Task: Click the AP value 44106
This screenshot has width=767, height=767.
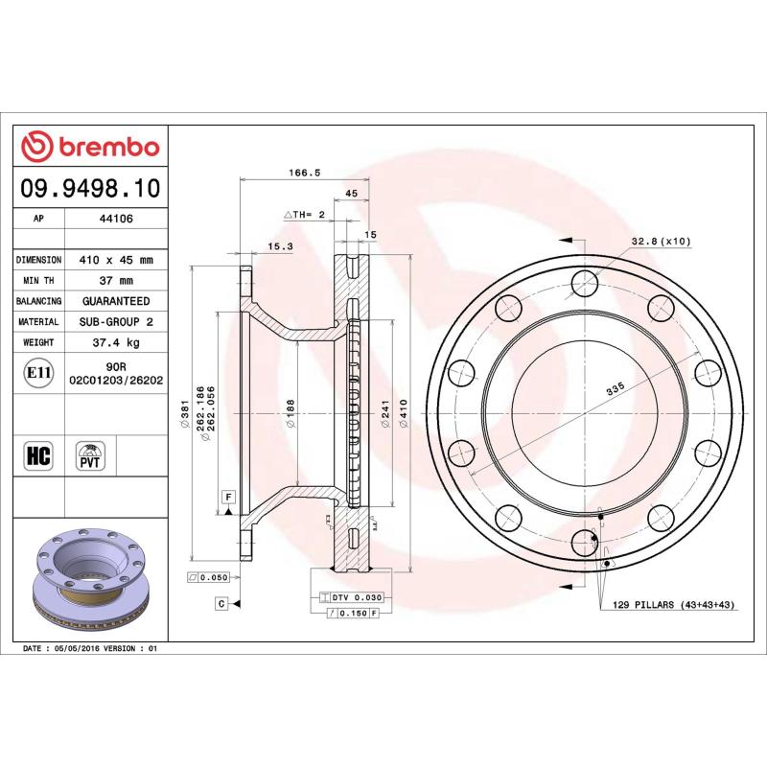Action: (x=116, y=219)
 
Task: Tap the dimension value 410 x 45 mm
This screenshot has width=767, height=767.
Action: (x=116, y=260)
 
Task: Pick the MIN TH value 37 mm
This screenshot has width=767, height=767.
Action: (x=116, y=281)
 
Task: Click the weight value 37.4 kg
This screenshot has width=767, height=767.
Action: (x=116, y=342)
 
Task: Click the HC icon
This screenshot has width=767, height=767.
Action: (x=39, y=454)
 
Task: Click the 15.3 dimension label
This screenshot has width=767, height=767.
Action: (x=280, y=246)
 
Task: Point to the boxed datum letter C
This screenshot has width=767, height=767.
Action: (x=221, y=603)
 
